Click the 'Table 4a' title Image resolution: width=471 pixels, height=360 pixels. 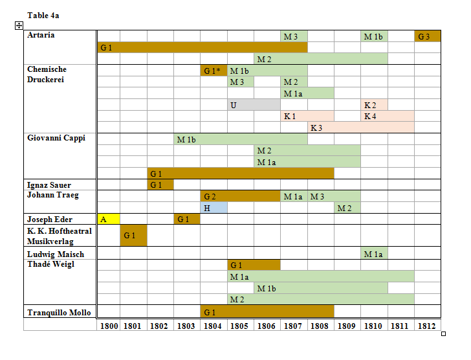tap(43, 15)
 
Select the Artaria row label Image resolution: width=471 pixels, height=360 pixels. tap(41, 35)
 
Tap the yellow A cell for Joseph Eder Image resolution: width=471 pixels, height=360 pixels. tap(109, 219)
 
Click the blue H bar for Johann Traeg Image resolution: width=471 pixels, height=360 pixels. tap(214, 208)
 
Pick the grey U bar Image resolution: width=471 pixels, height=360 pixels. tap(254, 104)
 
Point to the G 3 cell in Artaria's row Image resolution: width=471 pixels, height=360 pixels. tap(428, 36)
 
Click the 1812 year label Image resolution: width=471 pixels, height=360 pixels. tap(428, 325)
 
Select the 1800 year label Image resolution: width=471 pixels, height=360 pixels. tap(109, 325)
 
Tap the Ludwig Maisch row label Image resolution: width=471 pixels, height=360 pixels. tap(55, 254)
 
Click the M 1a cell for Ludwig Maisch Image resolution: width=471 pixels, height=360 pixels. tap(374, 254)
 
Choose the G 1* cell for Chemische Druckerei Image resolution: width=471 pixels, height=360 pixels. tap(214, 71)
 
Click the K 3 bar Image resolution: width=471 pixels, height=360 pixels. tap(361, 128)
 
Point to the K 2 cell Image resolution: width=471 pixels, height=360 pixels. tap(374, 104)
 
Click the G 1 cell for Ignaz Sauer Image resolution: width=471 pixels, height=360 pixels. tap(160, 185)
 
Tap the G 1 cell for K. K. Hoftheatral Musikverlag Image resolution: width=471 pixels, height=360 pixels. tap(134, 235)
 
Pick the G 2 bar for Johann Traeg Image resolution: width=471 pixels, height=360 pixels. tap(240, 196)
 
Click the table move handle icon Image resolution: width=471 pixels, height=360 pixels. tap(19, 25)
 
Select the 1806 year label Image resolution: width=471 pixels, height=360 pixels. tap(267, 325)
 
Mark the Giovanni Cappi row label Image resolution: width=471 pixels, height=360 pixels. tap(56, 138)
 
